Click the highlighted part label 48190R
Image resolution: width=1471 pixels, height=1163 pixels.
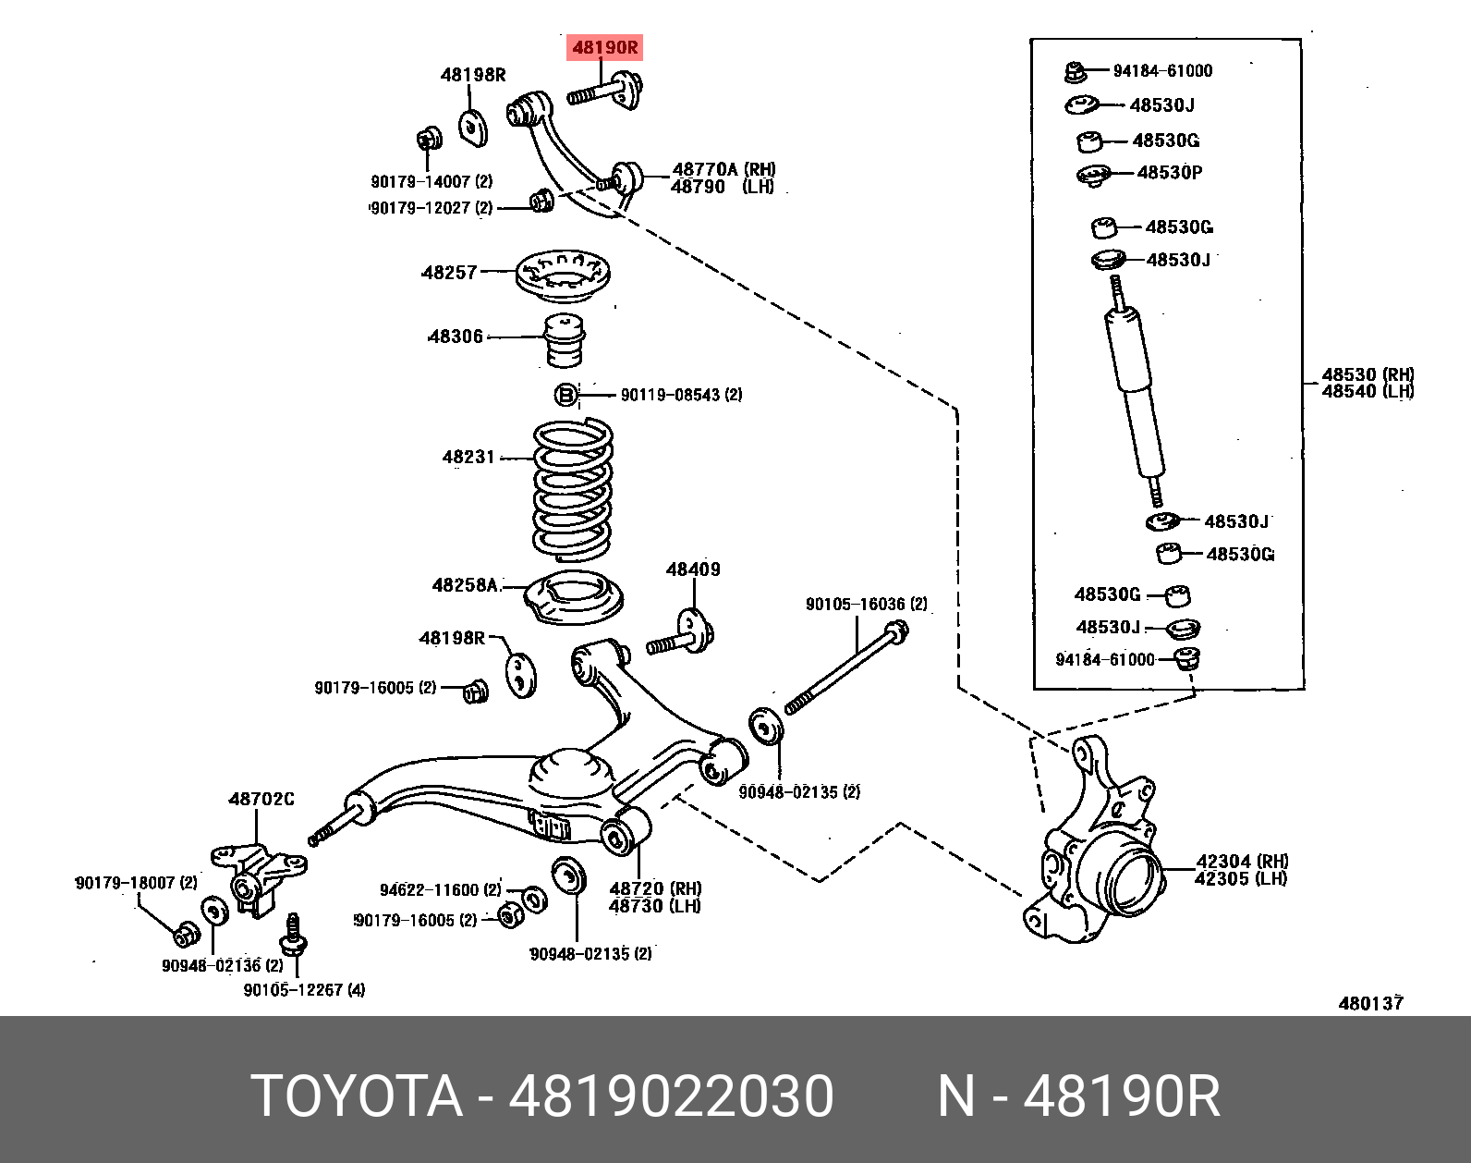pyautogui.click(x=604, y=47)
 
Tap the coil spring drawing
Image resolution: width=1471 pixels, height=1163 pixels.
pyautogui.click(x=573, y=490)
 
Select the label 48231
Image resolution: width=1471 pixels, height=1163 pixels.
pyautogui.click(x=468, y=457)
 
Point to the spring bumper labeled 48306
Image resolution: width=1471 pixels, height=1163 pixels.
pyautogui.click(x=563, y=339)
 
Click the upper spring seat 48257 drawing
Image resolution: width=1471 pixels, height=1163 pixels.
pyautogui.click(x=564, y=275)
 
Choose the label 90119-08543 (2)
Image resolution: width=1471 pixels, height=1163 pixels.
pyautogui.click(x=681, y=395)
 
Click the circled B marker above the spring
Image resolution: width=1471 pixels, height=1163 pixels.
pyautogui.click(x=565, y=396)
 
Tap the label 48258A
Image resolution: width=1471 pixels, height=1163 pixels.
pyautogui.click(x=466, y=585)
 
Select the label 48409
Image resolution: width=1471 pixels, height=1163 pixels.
pyautogui.click(x=693, y=569)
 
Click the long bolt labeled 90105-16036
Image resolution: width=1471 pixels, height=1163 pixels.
pyautogui.click(x=845, y=670)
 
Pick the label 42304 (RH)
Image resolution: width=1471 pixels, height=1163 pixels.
pyautogui.click(x=1241, y=862)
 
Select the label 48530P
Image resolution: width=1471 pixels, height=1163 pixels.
pyautogui.click(x=1170, y=172)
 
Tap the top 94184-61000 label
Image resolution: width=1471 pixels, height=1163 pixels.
pyautogui.click(x=1162, y=71)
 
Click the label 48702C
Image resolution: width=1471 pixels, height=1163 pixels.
pyautogui.click(x=261, y=799)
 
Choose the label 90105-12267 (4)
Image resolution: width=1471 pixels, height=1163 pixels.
pyautogui.click(x=304, y=990)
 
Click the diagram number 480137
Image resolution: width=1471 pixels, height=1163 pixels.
pyautogui.click(x=1370, y=1003)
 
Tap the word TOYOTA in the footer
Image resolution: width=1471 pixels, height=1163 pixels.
pyautogui.click(x=356, y=1096)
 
